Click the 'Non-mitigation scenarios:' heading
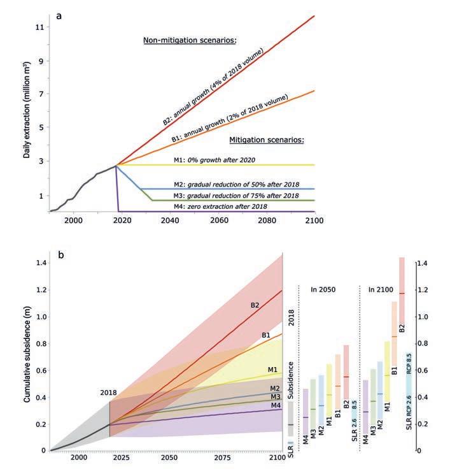tap(190, 40)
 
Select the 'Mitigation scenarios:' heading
tap(267, 140)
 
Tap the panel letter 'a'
tap(59, 16)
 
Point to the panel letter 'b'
tap(61, 255)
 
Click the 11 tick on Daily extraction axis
tap(39, 27)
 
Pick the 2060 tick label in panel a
tap(219, 220)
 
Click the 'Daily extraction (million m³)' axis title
tap(27, 110)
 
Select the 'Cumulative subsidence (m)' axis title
tap(27, 354)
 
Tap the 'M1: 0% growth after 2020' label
tap(214, 160)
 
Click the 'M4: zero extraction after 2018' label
tap(220, 206)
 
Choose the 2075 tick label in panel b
tap(222, 457)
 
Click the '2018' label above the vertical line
tap(109, 393)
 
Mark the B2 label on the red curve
tap(255, 305)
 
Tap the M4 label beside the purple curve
tap(276, 405)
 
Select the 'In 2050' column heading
tap(323, 289)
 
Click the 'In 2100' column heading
tap(381, 289)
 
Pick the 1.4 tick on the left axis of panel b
tap(41, 263)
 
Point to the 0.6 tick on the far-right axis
tap(423, 370)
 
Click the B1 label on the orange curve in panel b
tap(265, 335)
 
